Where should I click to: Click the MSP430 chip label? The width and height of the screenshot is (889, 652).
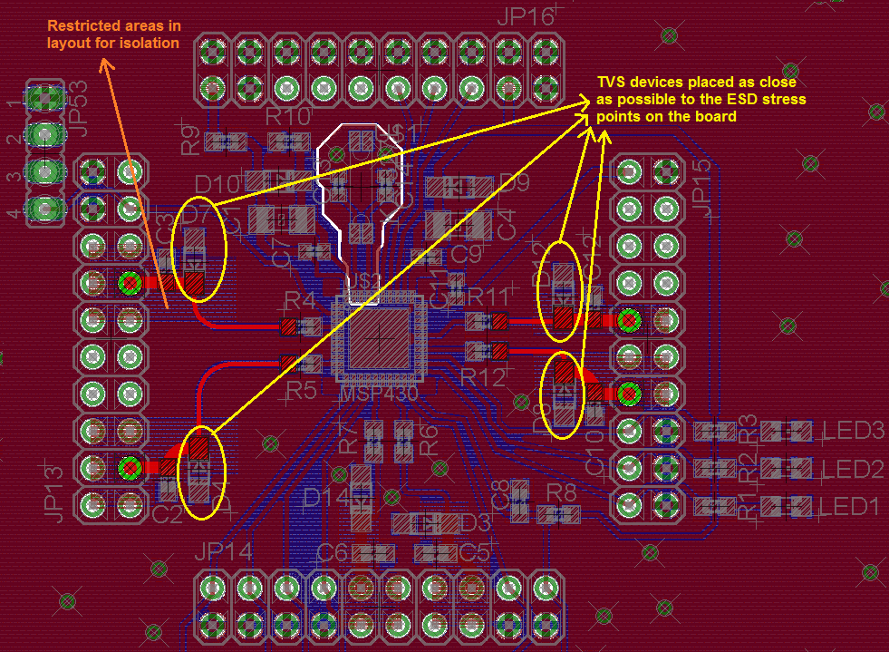click(x=378, y=395)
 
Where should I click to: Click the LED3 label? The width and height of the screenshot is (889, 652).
click(x=852, y=430)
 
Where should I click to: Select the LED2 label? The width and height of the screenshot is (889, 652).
click(x=852, y=469)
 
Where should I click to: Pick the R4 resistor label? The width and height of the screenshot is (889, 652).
click(x=301, y=300)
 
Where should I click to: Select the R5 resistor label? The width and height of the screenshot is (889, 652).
click(x=302, y=391)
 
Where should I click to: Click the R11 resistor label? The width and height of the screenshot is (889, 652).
click(x=489, y=297)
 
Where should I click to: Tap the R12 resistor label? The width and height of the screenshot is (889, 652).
click(x=481, y=378)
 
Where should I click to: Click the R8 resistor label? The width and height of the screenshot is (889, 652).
click(x=562, y=493)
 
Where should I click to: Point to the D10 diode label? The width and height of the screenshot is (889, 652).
click(x=217, y=184)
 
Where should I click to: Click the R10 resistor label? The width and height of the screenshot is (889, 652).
click(x=287, y=116)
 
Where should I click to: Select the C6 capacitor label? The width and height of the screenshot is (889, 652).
click(x=332, y=552)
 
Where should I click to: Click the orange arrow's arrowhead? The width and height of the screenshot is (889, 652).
click(x=105, y=63)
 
